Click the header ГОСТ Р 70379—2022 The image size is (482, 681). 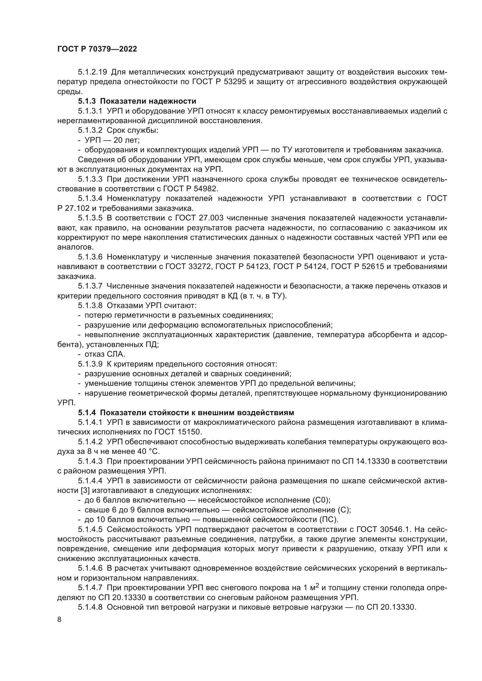(97, 49)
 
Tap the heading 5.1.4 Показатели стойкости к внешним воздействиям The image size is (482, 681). (186, 413)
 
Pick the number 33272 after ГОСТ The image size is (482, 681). (200, 267)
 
